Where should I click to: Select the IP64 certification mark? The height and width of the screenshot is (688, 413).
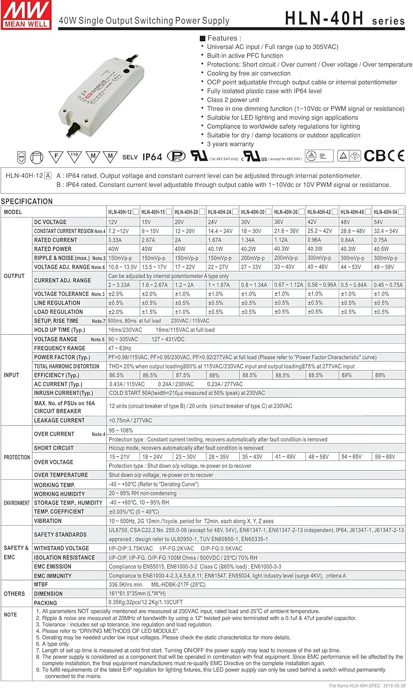(x=152, y=157)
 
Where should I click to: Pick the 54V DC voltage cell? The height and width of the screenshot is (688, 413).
(x=379, y=222)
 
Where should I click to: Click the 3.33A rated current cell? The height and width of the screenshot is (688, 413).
(x=115, y=240)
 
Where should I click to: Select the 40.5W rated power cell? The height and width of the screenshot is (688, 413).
(x=381, y=249)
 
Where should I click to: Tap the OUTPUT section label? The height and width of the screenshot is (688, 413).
(x=14, y=276)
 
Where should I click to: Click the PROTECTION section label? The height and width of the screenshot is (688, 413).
(x=17, y=457)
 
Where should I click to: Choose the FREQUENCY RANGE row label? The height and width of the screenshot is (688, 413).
(x=60, y=348)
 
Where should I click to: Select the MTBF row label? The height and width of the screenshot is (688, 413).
(x=41, y=585)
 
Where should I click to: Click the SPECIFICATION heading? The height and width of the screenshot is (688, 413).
(x=27, y=201)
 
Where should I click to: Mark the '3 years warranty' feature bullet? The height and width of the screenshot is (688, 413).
(x=230, y=144)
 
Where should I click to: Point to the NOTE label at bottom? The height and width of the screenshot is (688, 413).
(x=10, y=615)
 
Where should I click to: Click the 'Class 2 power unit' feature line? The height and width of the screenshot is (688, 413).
(x=233, y=100)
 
